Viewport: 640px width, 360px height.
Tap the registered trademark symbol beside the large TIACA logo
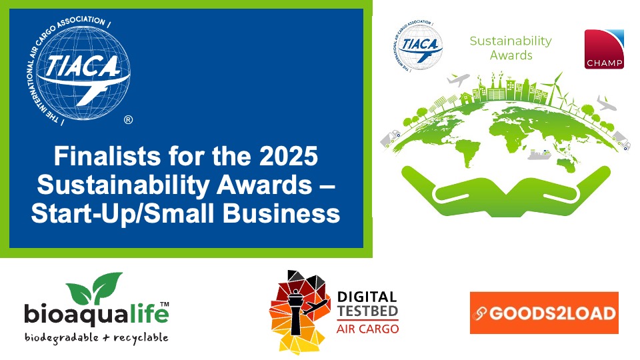[128, 120]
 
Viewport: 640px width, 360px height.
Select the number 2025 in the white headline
[289, 156]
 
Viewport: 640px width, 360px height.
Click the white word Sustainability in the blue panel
[123, 185]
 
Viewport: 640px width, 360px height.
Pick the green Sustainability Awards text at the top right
[511, 48]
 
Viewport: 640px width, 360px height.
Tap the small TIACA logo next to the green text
[419, 45]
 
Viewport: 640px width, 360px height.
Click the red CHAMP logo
[604, 49]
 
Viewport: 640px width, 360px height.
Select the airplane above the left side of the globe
[459, 79]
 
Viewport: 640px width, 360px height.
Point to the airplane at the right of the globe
[607, 103]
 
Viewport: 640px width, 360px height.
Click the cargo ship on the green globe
[539, 154]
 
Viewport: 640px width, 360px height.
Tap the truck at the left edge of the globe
[391, 138]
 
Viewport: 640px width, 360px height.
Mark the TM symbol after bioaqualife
[164, 304]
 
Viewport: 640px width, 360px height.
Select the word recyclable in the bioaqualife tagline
[141, 338]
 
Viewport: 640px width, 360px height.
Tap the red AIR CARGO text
[367, 329]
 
